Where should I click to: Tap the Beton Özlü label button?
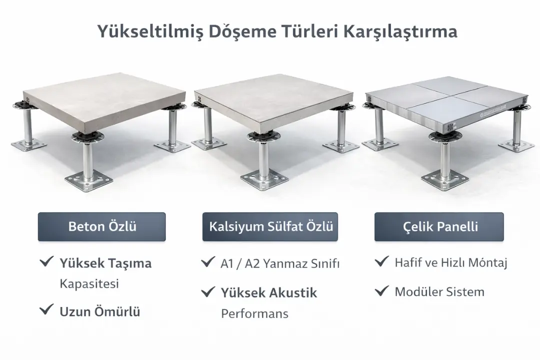pos(102,226)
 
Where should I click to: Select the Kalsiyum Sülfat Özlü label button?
pos(270,226)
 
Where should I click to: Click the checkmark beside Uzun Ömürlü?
pos(46,310)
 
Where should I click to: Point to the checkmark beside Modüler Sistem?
pos(382,290)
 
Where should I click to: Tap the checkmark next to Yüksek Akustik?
pos(207,291)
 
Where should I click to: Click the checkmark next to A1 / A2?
pos(207,262)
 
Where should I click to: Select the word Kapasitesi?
pos(89,283)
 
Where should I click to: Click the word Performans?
pos(254,313)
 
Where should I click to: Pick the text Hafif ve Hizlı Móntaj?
pos(451,262)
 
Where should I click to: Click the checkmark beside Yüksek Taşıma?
pos(46,261)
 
